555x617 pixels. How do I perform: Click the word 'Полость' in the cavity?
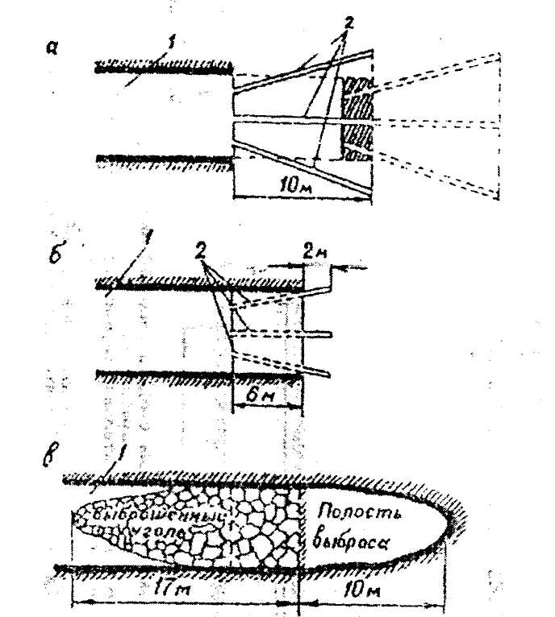353,511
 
